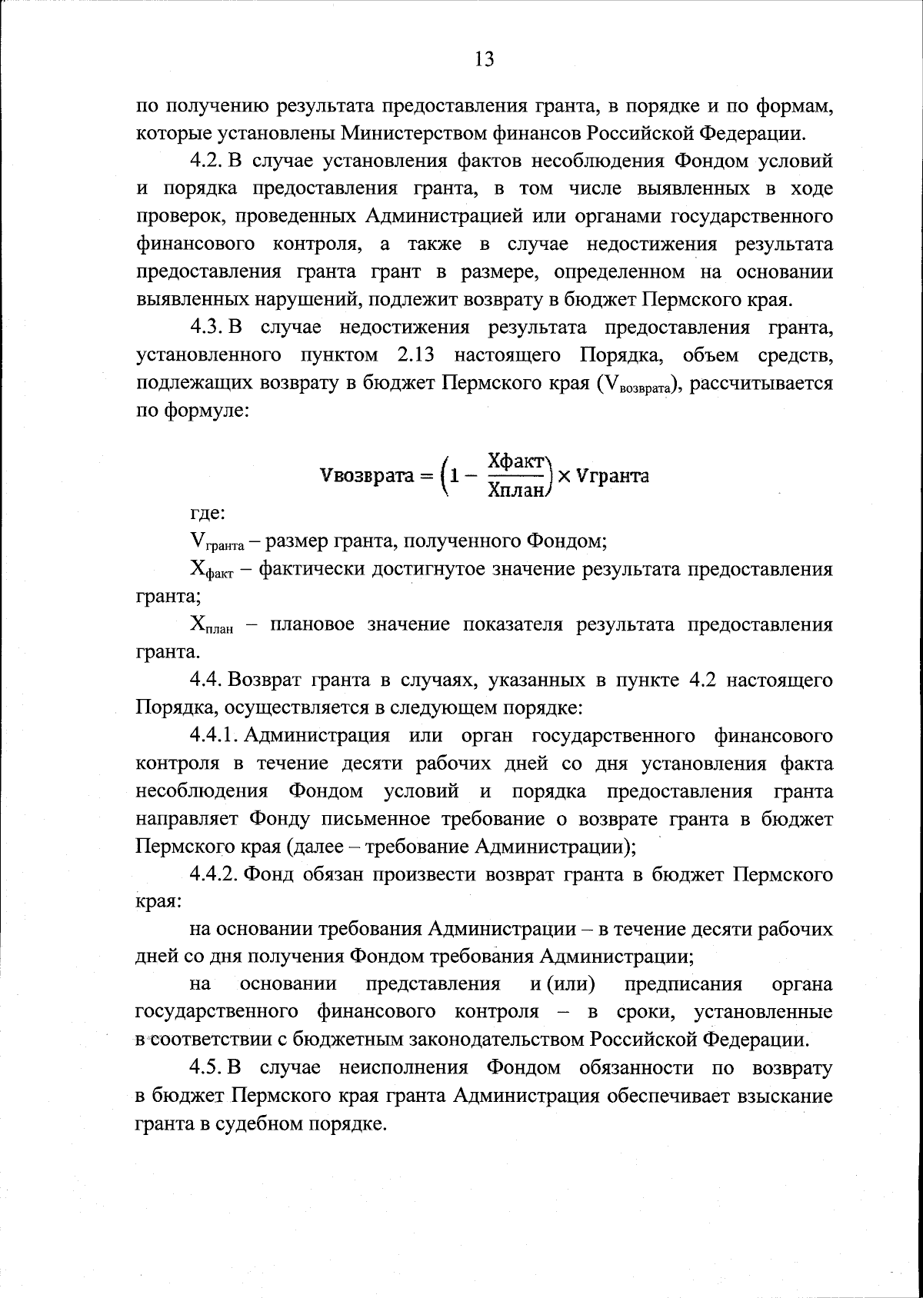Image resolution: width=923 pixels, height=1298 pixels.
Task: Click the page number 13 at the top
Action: pyautogui.click(x=484, y=60)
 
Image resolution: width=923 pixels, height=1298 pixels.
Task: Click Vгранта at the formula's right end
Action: pyautogui.click(x=612, y=476)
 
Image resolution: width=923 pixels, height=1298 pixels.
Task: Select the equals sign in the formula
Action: pyautogui.click(x=424, y=476)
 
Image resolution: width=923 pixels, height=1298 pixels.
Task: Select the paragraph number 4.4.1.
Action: pyautogui.click(x=216, y=736)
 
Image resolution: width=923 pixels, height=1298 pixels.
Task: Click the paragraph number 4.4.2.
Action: pyautogui.click(x=216, y=874)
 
